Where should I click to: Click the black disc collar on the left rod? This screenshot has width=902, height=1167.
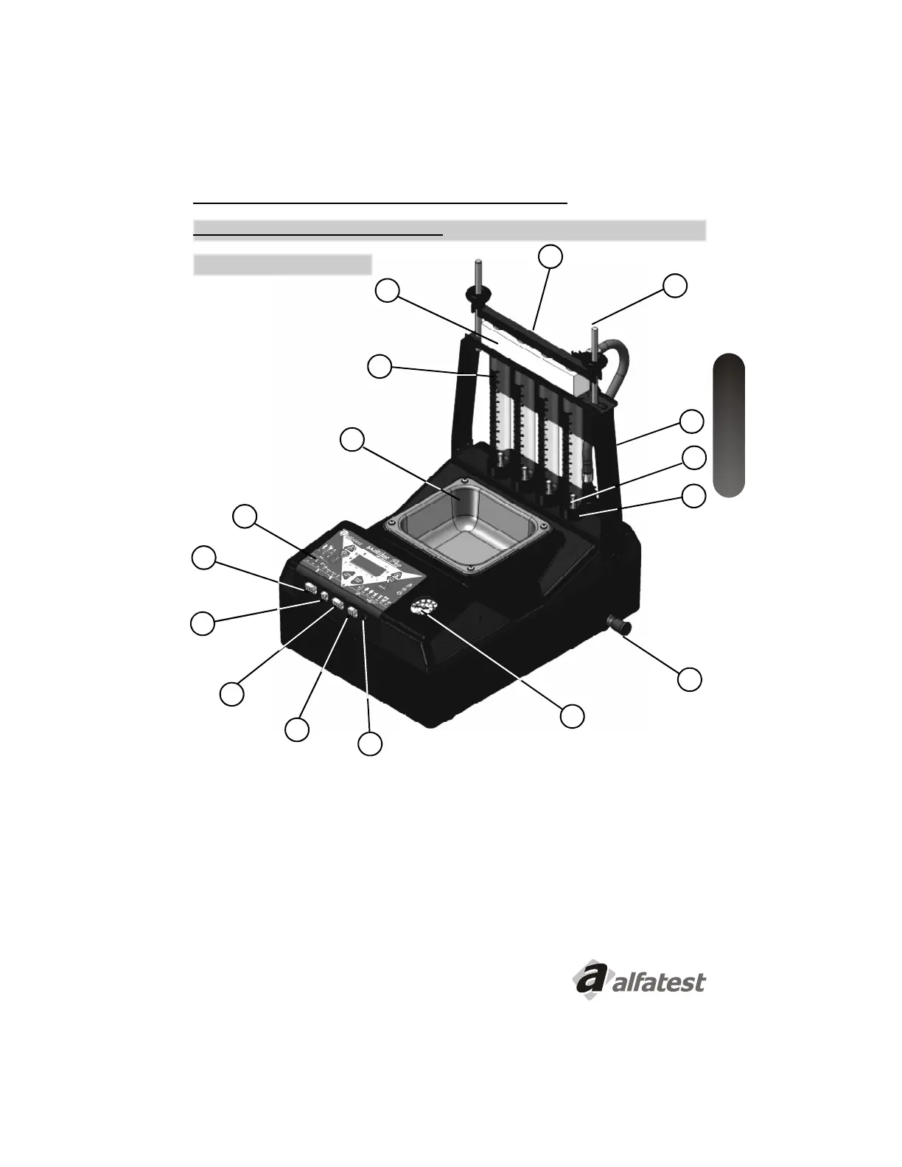tap(478, 296)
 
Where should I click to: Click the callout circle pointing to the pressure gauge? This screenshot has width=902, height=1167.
tap(573, 715)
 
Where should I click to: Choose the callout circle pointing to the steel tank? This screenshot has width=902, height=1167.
tap(352, 439)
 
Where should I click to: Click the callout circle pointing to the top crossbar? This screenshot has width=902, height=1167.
tap(550, 256)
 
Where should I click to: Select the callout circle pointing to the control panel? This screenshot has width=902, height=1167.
tap(245, 516)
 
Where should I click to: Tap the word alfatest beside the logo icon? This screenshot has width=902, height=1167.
tap(658, 982)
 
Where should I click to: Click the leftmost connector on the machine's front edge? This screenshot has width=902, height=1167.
tap(310, 589)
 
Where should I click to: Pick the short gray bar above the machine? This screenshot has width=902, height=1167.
tap(282, 264)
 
